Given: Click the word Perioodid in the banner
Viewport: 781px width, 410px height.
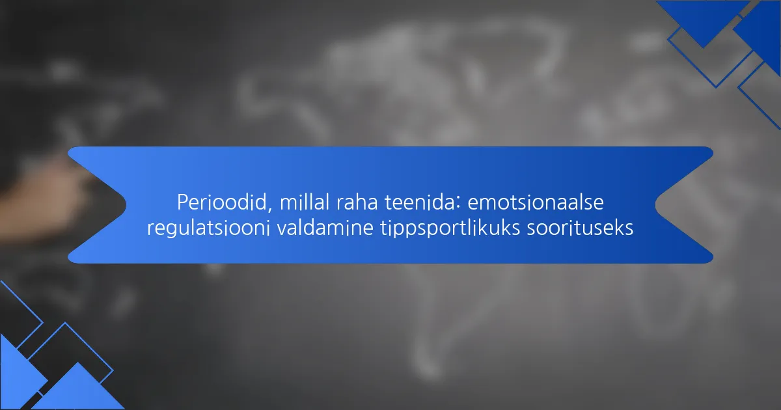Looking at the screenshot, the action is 221,202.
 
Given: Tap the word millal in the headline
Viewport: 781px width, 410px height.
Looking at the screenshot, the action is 305,202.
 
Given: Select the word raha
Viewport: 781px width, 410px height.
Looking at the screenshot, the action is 357,202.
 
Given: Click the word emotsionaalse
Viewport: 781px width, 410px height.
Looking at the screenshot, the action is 536,202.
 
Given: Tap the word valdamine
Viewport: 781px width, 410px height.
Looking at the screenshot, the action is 325,228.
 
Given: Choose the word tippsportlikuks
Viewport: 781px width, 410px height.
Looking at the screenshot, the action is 450,228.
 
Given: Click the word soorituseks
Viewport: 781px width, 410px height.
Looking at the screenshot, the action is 580,228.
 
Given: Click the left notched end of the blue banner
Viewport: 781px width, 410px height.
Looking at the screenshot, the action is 126,205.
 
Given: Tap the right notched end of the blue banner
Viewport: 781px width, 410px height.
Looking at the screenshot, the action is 655,205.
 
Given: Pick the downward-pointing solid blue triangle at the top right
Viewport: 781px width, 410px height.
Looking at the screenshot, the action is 703,21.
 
